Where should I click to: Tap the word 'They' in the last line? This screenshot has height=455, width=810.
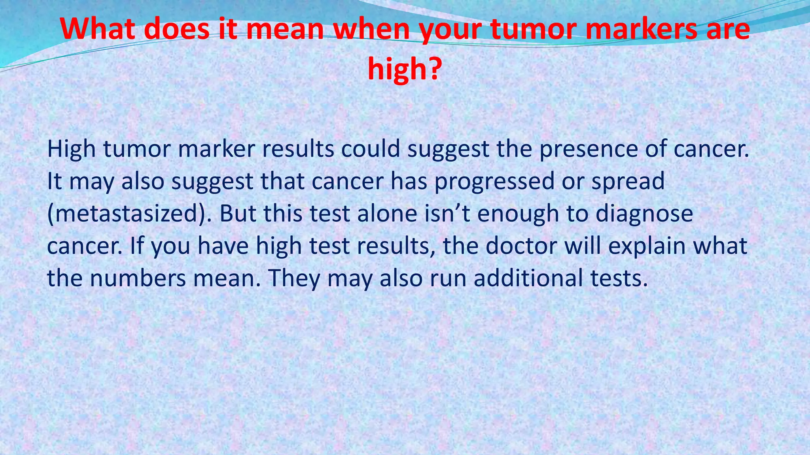pos(294,278)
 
